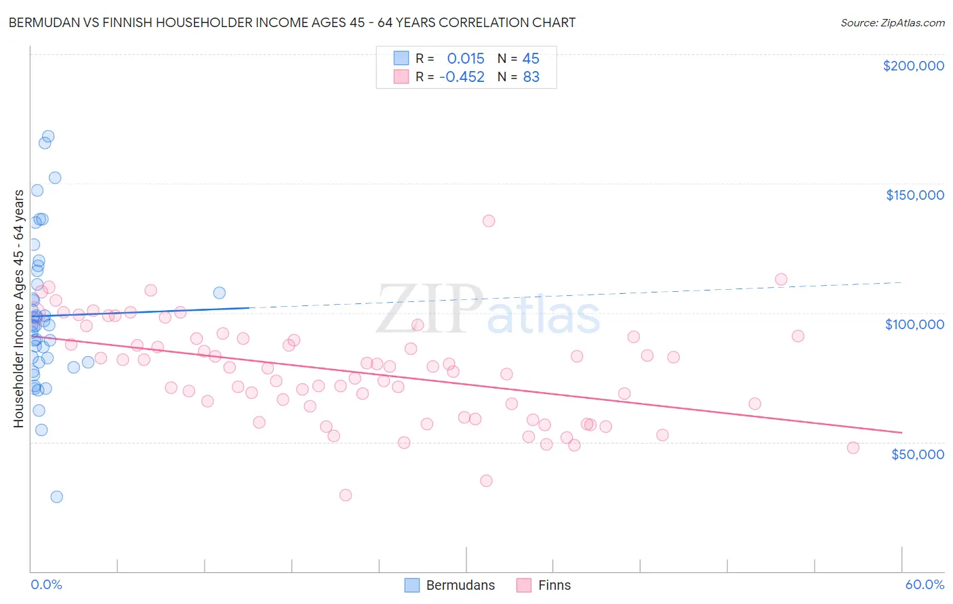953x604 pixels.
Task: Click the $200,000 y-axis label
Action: [x=913, y=66]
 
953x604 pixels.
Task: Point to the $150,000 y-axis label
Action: [x=914, y=195]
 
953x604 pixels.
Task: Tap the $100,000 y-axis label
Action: [x=914, y=324]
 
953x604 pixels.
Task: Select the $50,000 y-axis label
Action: [x=917, y=454]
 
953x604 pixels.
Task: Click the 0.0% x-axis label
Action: [x=46, y=584]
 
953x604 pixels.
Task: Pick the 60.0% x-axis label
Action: [x=924, y=584]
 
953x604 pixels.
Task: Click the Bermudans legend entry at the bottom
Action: [x=450, y=585]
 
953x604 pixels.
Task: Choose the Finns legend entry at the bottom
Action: [x=544, y=585]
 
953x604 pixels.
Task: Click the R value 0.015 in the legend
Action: [x=466, y=59]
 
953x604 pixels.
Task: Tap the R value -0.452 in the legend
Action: [x=462, y=77]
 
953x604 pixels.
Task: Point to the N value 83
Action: [x=531, y=77]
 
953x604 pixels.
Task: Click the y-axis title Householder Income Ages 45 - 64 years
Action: [x=19, y=309]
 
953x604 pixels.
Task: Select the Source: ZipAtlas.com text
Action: [x=892, y=23]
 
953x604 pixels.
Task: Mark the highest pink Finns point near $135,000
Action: [x=489, y=221]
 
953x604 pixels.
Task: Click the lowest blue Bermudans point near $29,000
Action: [x=57, y=497]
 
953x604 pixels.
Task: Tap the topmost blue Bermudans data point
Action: [x=48, y=136]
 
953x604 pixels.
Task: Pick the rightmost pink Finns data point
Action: [x=853, y=448]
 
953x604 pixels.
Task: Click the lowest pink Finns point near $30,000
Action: [x=346, y=495]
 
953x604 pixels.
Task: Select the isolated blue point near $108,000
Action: [x=220, y=293]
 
